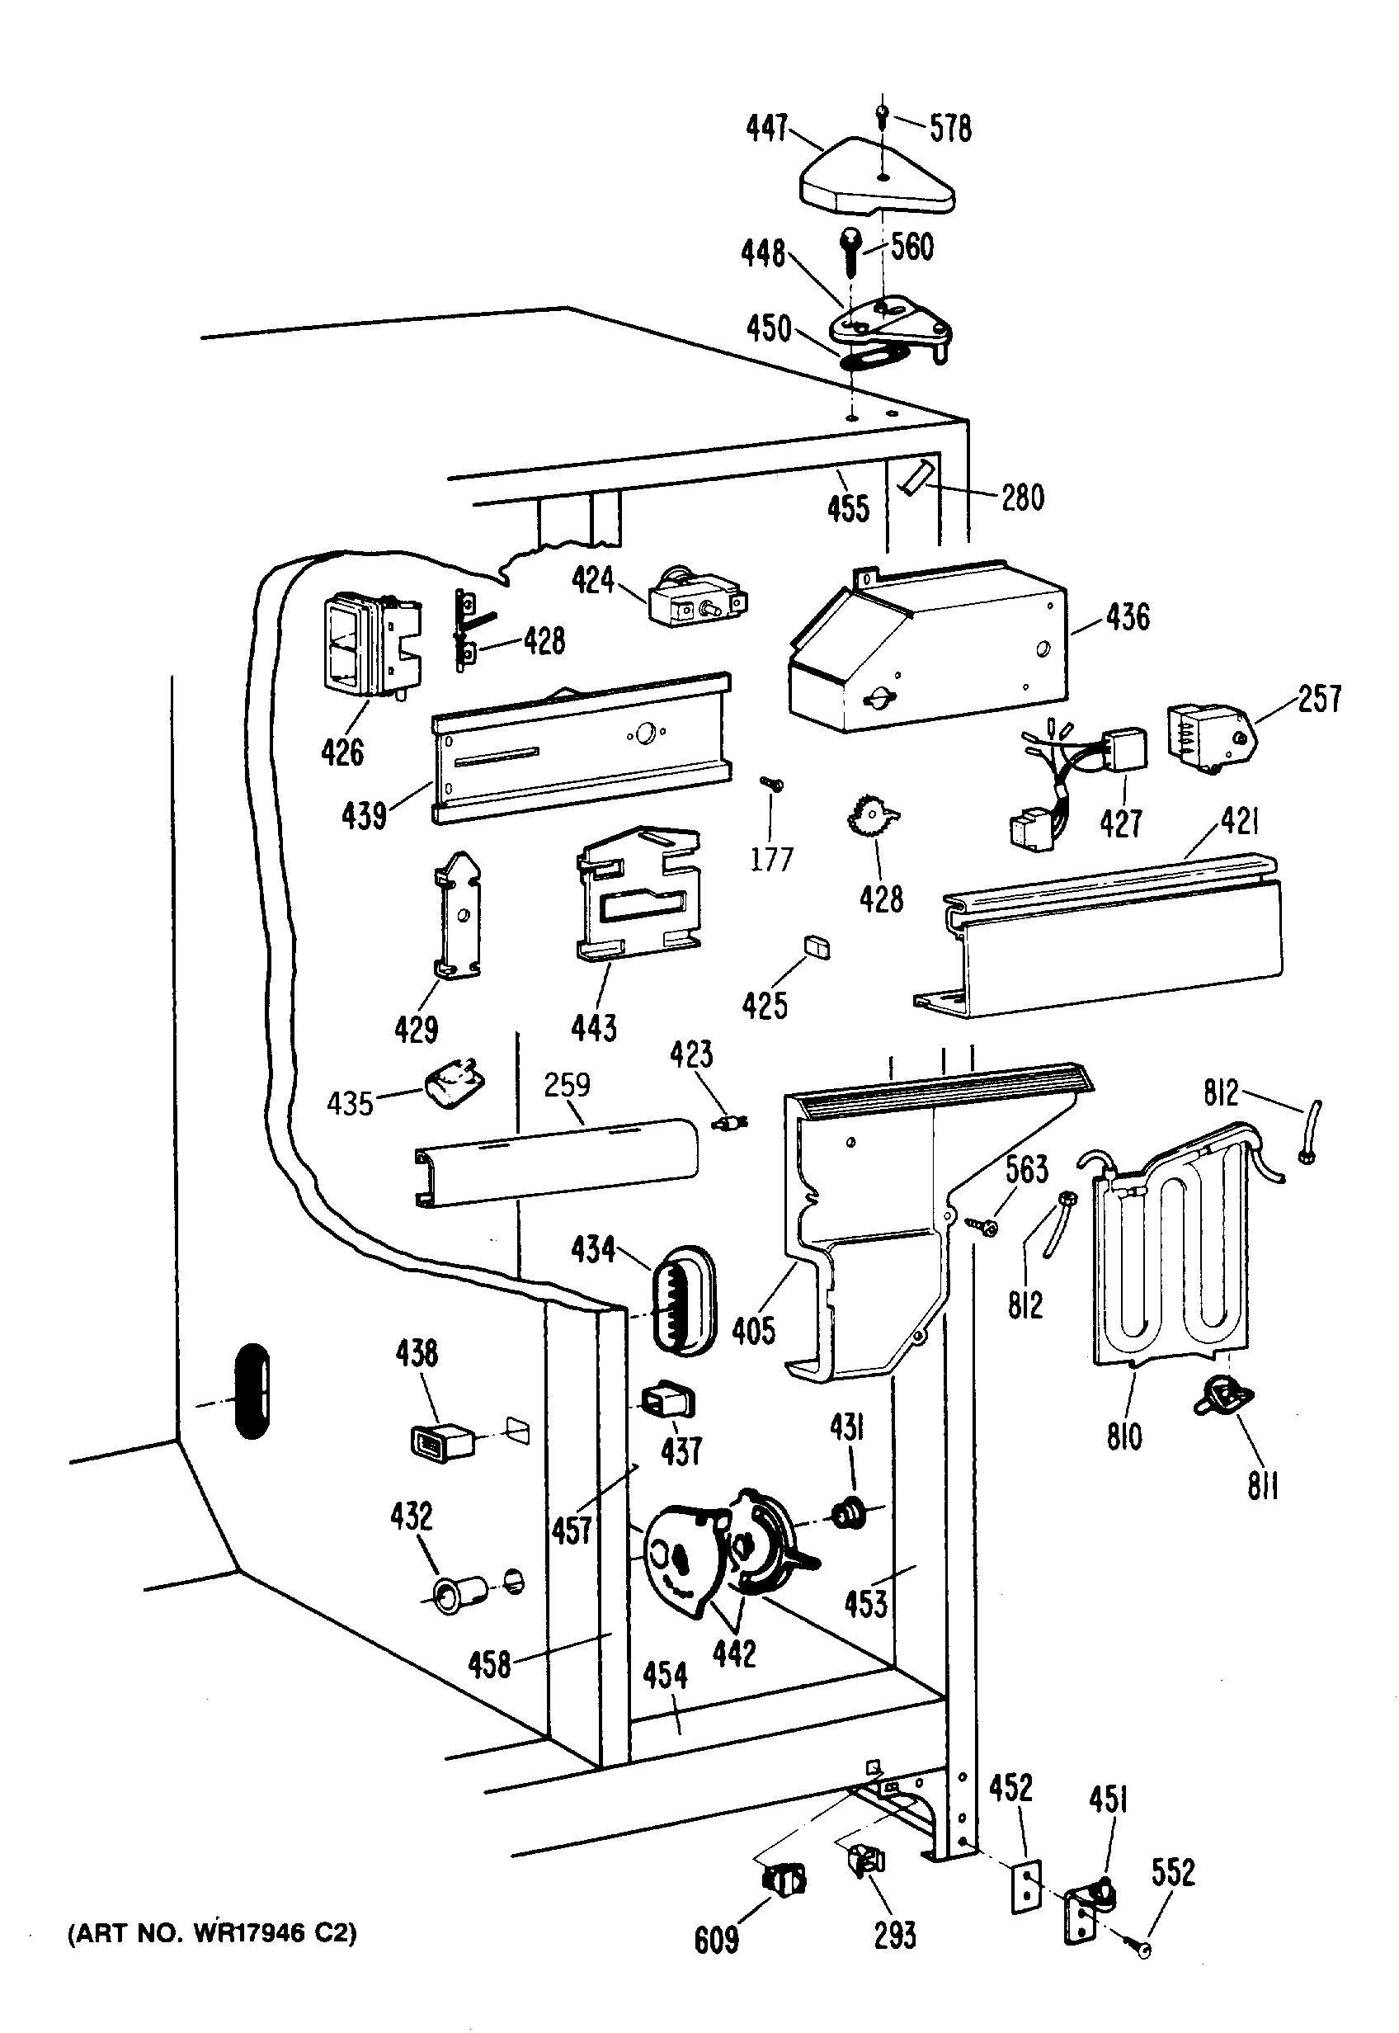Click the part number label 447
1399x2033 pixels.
coord(767,128)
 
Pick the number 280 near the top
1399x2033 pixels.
coord(1022,497)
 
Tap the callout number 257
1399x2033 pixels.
coord(1319,698)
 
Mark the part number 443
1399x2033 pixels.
coord(594,1027)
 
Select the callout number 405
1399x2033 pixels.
coord(754,1331)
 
